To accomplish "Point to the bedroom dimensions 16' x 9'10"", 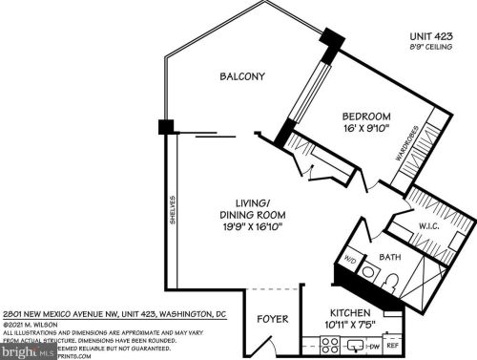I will (x=368, y=133).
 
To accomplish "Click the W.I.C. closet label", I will (x=426, y=226).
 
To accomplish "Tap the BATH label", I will (x=388, y=257).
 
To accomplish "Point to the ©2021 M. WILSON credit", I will (x=29, y=323).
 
